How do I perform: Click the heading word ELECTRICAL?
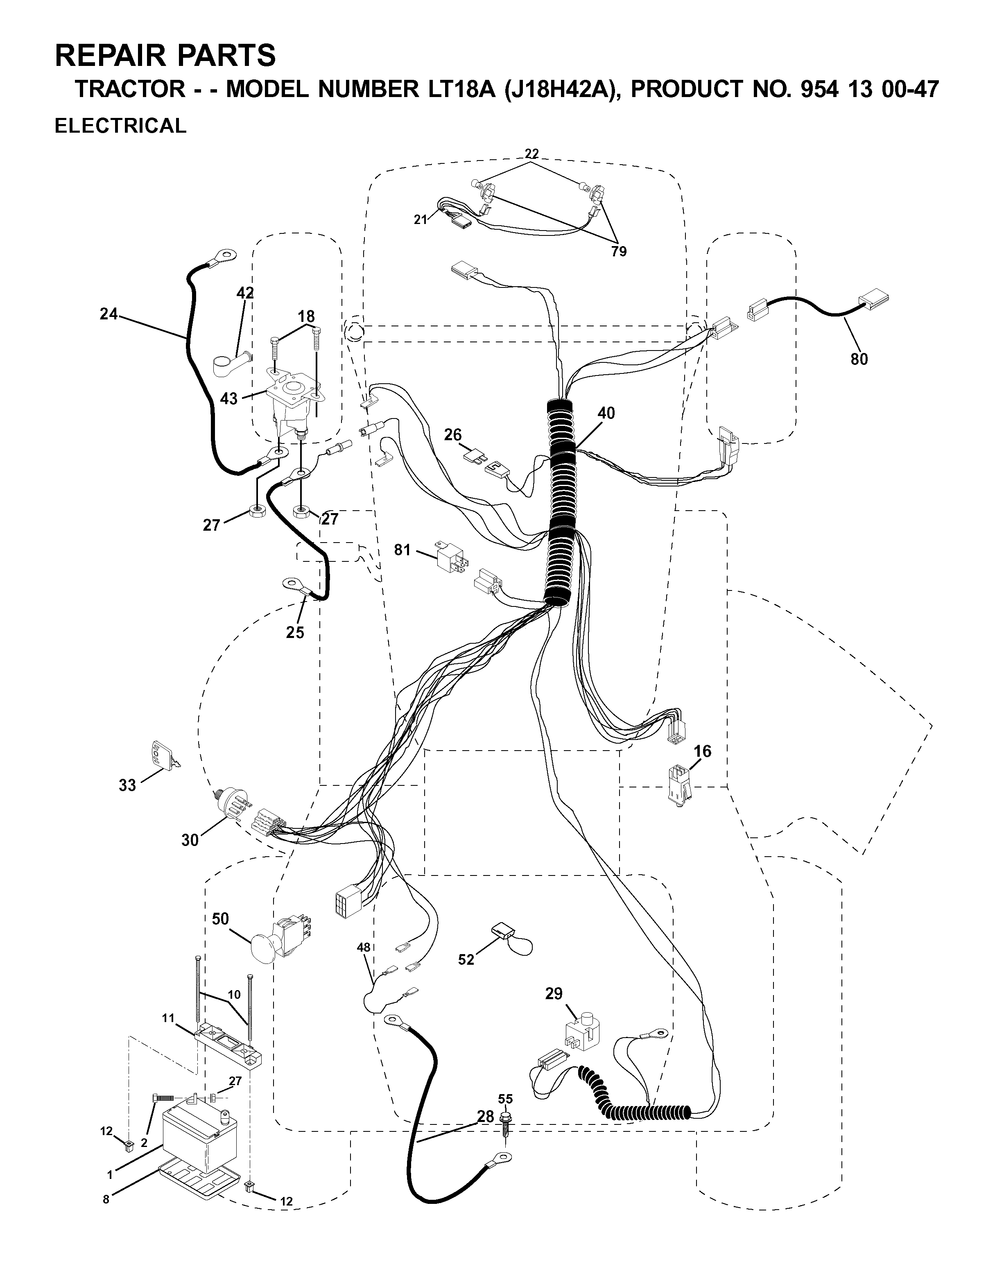coord(120,126)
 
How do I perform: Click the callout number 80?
coord(859,359)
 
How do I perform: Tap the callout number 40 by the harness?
coord(606,413)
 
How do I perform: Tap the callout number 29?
coord(554,993)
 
